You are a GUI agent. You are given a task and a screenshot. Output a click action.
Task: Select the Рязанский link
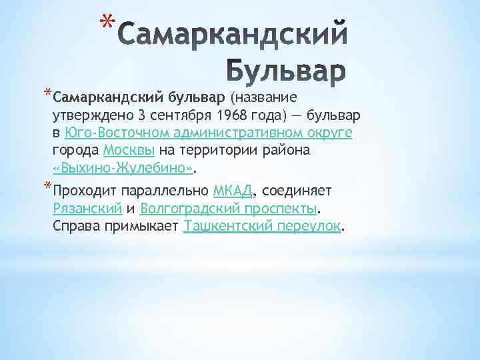point(86,209)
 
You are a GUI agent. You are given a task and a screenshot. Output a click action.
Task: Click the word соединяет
point(293,191)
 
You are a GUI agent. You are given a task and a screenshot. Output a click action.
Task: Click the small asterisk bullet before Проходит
point(47,185)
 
